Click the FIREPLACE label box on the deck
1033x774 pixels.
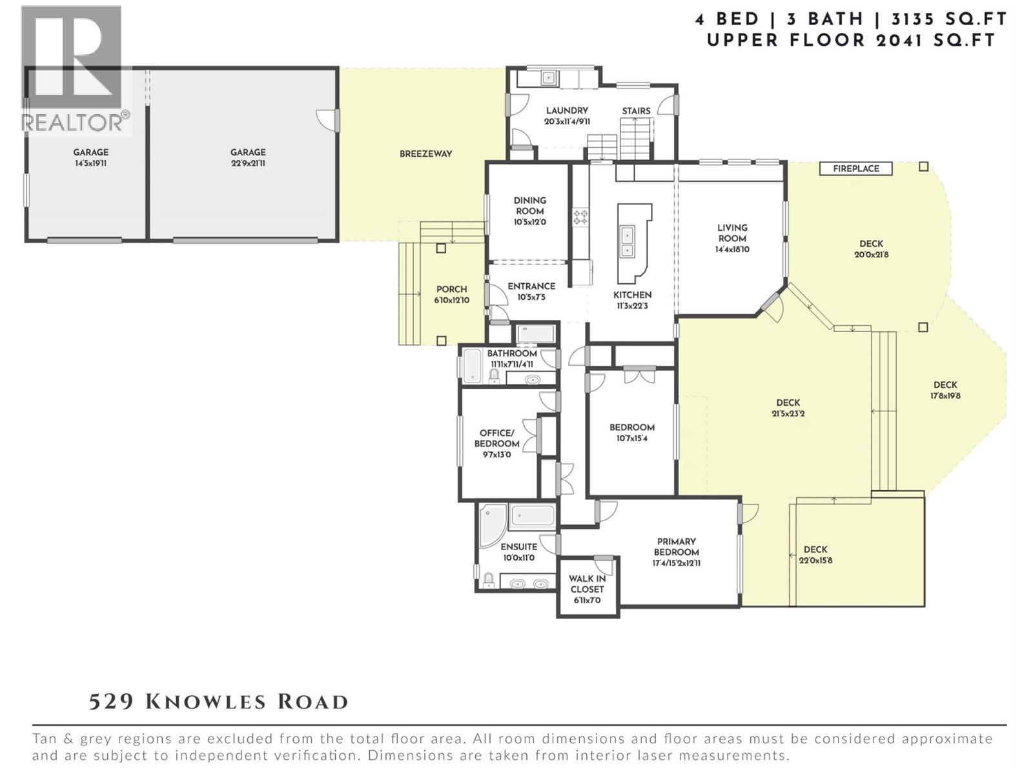click(855, 168)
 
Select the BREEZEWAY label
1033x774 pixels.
click(425, 154)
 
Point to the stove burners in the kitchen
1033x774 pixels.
click(580, 217)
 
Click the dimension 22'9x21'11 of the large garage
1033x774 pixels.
click(248, 163)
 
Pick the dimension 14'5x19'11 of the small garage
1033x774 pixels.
click(90, 163)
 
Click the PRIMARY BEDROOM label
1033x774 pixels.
click(676, 546)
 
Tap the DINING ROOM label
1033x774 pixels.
click(529, 205)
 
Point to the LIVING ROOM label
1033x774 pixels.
click(732, 232)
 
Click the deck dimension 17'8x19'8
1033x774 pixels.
click(945, 395)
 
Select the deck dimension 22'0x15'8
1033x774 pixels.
click(815, 560)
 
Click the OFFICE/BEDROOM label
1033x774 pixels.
click(496, 438)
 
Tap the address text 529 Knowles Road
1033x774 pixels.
click(218, 701)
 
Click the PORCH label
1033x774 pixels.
click(451, 289)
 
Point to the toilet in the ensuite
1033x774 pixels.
click(489, 580)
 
